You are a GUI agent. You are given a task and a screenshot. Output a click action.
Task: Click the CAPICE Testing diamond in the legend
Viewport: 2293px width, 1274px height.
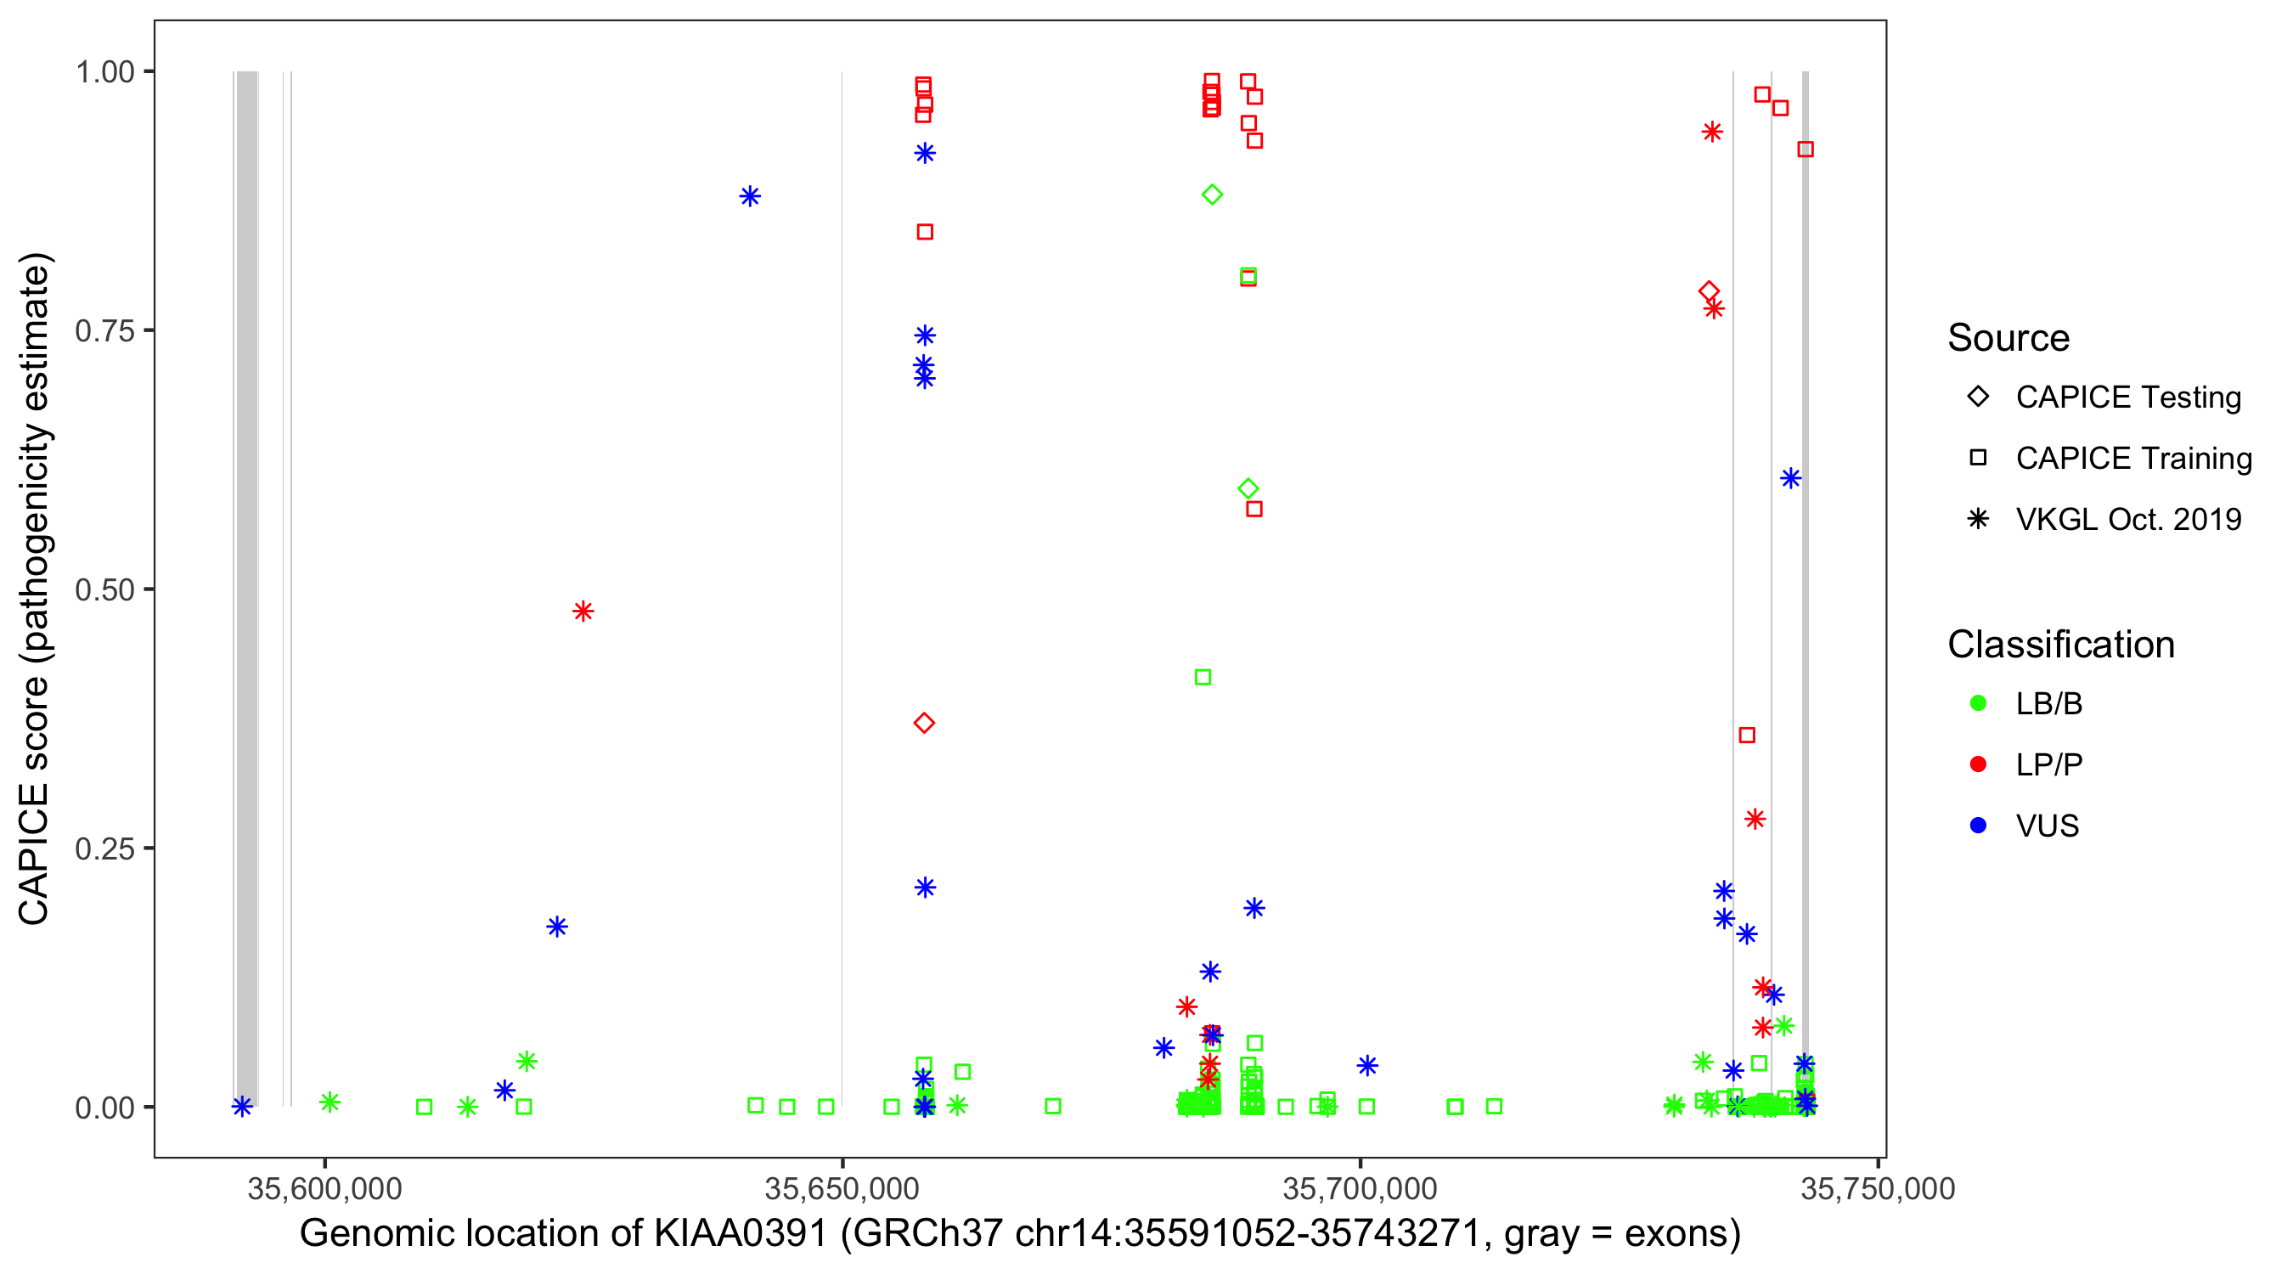point(1978,397)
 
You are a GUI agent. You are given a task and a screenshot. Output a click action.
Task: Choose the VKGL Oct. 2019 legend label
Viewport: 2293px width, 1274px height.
point(2128,520)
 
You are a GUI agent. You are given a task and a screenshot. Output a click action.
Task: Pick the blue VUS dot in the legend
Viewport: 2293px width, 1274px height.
point(1978,826)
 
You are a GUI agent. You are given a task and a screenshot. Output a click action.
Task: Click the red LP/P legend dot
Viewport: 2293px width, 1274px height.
point(1978,764)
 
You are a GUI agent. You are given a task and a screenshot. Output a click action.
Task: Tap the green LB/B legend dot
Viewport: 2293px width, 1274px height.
point(1978,703)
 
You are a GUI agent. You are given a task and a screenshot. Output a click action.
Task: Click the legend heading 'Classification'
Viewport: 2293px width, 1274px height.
point(2060,645)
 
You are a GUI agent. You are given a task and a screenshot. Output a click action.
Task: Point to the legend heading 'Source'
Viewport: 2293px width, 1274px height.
point(2008,338)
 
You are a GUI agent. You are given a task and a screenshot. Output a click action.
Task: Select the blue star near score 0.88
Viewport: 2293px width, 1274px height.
point(750,196)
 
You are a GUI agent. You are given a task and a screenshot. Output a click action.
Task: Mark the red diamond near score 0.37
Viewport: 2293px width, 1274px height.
point(924,723)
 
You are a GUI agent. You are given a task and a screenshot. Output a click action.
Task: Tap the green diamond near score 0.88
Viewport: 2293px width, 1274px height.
point(1212,194)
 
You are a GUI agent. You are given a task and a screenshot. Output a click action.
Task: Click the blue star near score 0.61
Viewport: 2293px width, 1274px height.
point(1790,479)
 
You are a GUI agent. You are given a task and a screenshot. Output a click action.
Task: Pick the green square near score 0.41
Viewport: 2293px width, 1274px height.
point(1203,678)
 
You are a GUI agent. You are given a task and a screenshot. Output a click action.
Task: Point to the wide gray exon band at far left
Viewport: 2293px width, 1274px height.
point(246,588)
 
